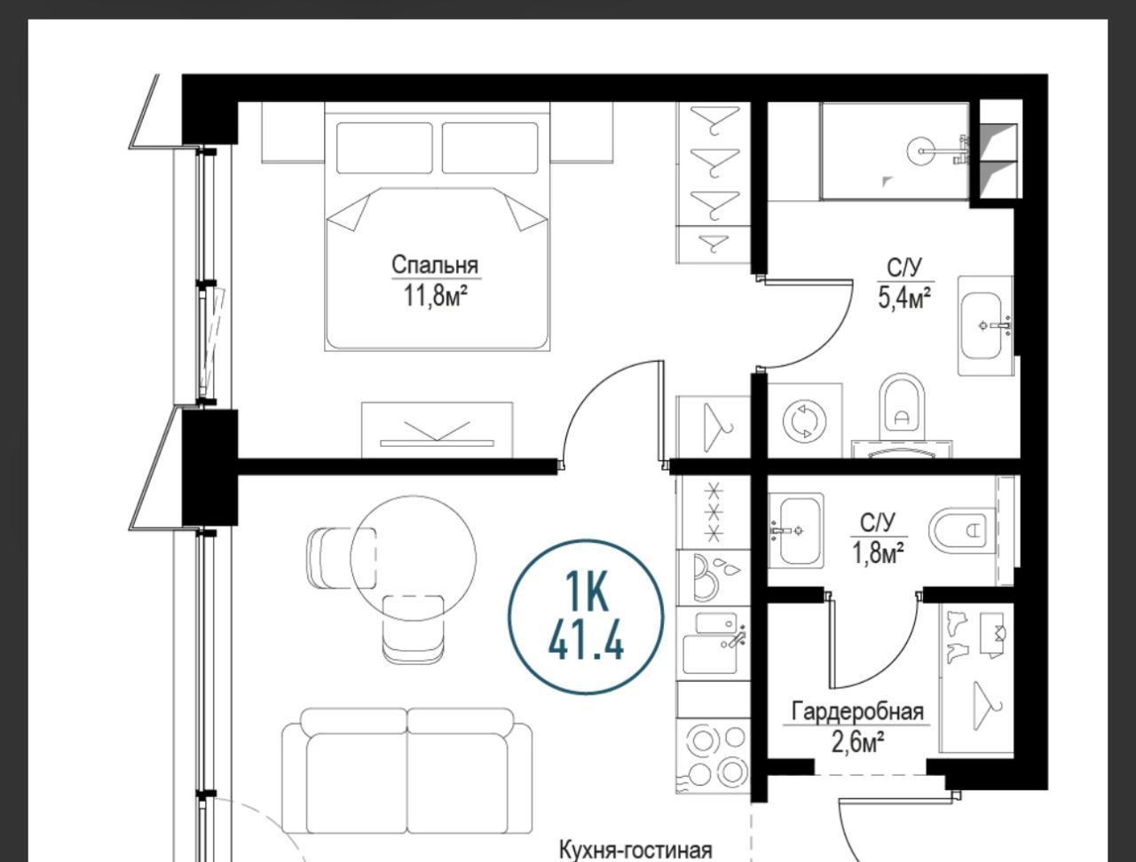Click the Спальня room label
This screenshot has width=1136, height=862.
coord(435,265)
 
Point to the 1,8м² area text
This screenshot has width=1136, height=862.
coord(879,553)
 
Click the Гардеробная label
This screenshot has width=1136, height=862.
coord(857,712)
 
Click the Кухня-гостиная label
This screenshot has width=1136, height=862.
coord(636,850)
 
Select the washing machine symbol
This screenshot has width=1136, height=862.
coord(804,421)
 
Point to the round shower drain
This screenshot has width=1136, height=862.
coord(921,151)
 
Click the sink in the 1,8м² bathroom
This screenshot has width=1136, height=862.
coord(796,530)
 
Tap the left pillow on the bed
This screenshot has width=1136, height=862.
coord(384,148)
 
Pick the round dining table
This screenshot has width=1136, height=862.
coord(413,558)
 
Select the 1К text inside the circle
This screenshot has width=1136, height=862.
coord(586,590)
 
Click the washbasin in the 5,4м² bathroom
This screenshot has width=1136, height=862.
coord(985,325)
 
